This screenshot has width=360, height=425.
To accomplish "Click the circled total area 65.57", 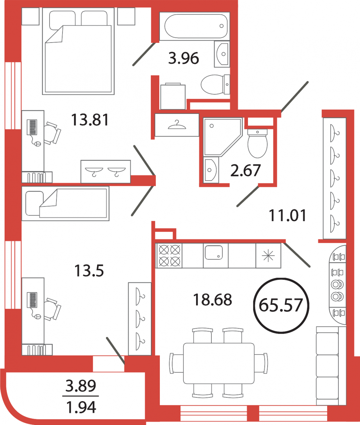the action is coord(281,305).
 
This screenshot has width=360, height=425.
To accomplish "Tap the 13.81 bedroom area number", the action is coord(90,120).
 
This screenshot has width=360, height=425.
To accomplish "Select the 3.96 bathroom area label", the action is coord(183,58).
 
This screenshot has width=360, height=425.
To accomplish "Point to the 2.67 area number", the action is coord(246,170).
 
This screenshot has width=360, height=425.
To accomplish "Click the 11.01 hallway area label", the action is coord(288,215).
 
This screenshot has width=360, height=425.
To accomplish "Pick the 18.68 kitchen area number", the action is coord(213,299).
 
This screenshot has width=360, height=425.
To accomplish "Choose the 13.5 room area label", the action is coord(89,271).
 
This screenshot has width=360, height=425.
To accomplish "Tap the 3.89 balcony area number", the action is coord(81,386).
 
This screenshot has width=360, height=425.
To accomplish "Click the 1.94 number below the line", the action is coord(81,407).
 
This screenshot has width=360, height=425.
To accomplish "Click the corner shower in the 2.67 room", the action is coord(223,137).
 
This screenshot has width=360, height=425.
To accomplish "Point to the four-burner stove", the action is coord(169,256).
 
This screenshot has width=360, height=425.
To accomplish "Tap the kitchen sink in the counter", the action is coord(214,252).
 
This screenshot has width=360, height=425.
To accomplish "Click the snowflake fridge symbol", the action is coord(268,256).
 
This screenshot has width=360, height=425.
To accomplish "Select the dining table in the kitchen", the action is coord(219,363).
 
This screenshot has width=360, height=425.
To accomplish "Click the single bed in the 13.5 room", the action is coord(65,204).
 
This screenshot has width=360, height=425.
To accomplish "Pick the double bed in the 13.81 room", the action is coord(78,51).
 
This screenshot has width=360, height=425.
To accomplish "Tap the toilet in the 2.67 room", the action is coord(258,143).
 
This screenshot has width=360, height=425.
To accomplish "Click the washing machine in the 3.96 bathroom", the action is coord(173,96).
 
